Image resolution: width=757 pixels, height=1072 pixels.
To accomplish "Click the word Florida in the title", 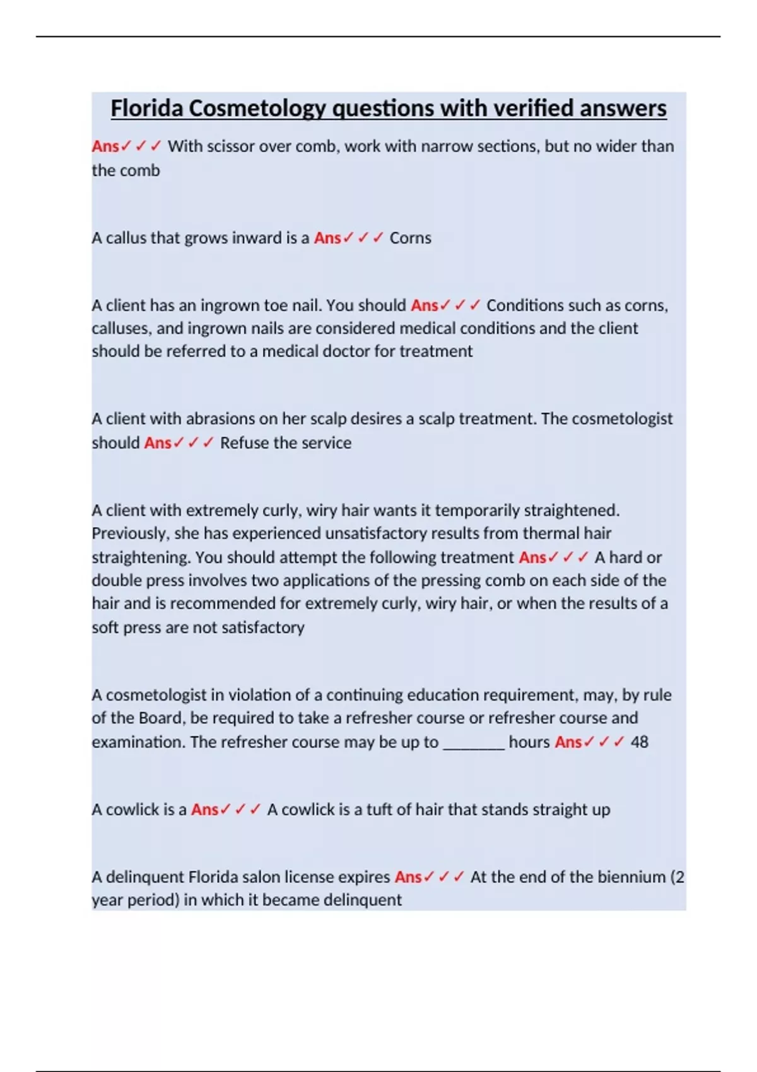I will click(147, 108).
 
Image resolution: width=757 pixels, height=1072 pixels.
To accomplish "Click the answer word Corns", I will click(410, 238).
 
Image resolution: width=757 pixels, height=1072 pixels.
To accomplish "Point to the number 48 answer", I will click(639, 742).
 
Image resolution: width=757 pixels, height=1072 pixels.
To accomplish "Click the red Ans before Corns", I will click(327, 238).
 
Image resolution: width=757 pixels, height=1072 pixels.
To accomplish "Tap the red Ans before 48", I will click(568, 742).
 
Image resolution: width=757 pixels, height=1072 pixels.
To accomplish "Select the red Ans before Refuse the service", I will click(157, 443).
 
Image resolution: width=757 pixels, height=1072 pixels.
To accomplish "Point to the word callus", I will click(126, 238).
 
